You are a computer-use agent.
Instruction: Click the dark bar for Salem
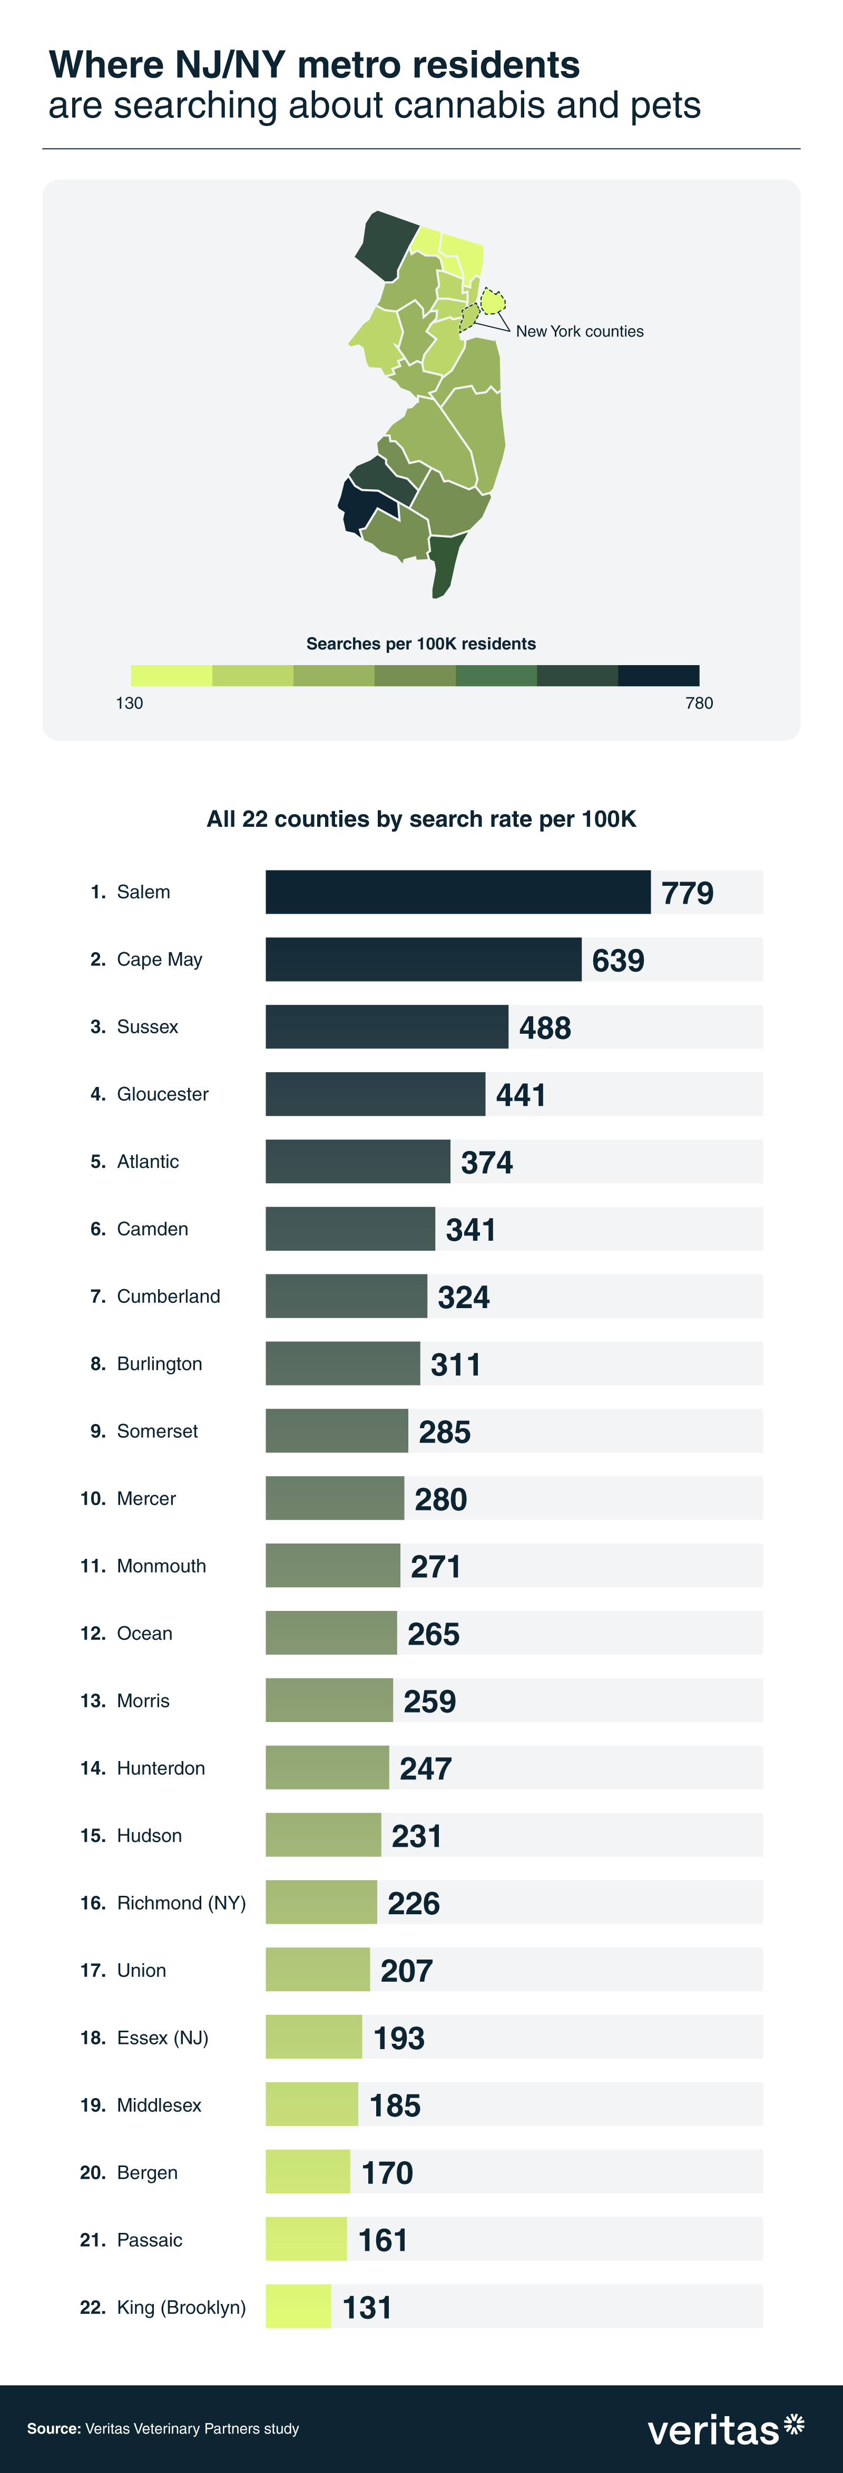pos(458,892)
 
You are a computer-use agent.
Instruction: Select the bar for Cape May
pos(424,959)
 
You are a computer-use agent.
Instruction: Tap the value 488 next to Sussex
pos(545,1027)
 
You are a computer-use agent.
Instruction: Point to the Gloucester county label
pos(162,1094)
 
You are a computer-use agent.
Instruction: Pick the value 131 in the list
pos(368,2307)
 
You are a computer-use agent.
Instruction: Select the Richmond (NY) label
pos(181,1903)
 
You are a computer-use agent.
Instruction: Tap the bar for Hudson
pos(324,1835)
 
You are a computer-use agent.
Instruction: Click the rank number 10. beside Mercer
pos(93,1499)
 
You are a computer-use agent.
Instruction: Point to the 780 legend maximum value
pos(699,703)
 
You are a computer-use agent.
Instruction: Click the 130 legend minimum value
pos(130,703)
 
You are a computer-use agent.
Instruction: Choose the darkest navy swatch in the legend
pos(659,675)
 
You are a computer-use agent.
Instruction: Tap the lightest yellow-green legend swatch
pos(171,675)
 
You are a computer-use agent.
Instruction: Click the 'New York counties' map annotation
pos(580,331)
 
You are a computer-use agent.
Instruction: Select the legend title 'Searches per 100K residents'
pos(421,643)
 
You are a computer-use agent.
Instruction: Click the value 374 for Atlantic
pos(487,1163)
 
